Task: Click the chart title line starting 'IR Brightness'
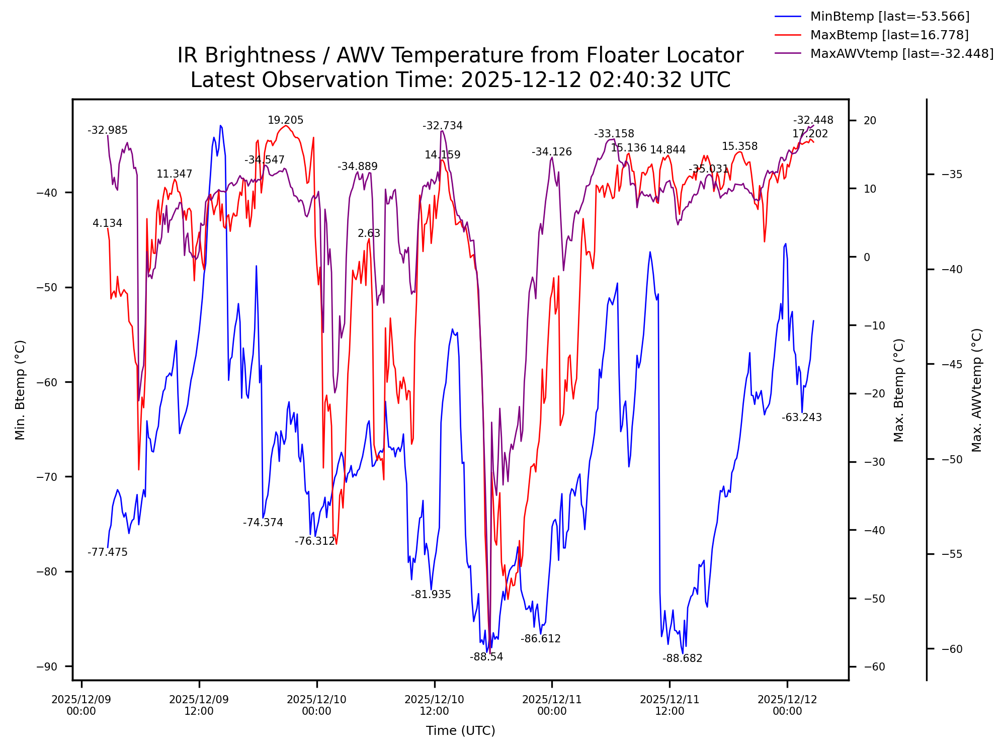point(460,55)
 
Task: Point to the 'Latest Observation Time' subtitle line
point(460,80)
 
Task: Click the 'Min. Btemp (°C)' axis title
point(20,390)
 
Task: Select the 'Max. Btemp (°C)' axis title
point(899,390)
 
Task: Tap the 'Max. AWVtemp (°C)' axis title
point(976,390)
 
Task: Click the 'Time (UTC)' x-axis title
point(460,730)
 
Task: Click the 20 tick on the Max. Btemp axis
point(870,121)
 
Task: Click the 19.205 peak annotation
point(285,120)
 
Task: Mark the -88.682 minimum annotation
point(682,658)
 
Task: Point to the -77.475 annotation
point(108,552)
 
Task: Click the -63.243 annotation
point(801,417)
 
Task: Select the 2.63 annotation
point(369,233)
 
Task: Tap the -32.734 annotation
point(442,126)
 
